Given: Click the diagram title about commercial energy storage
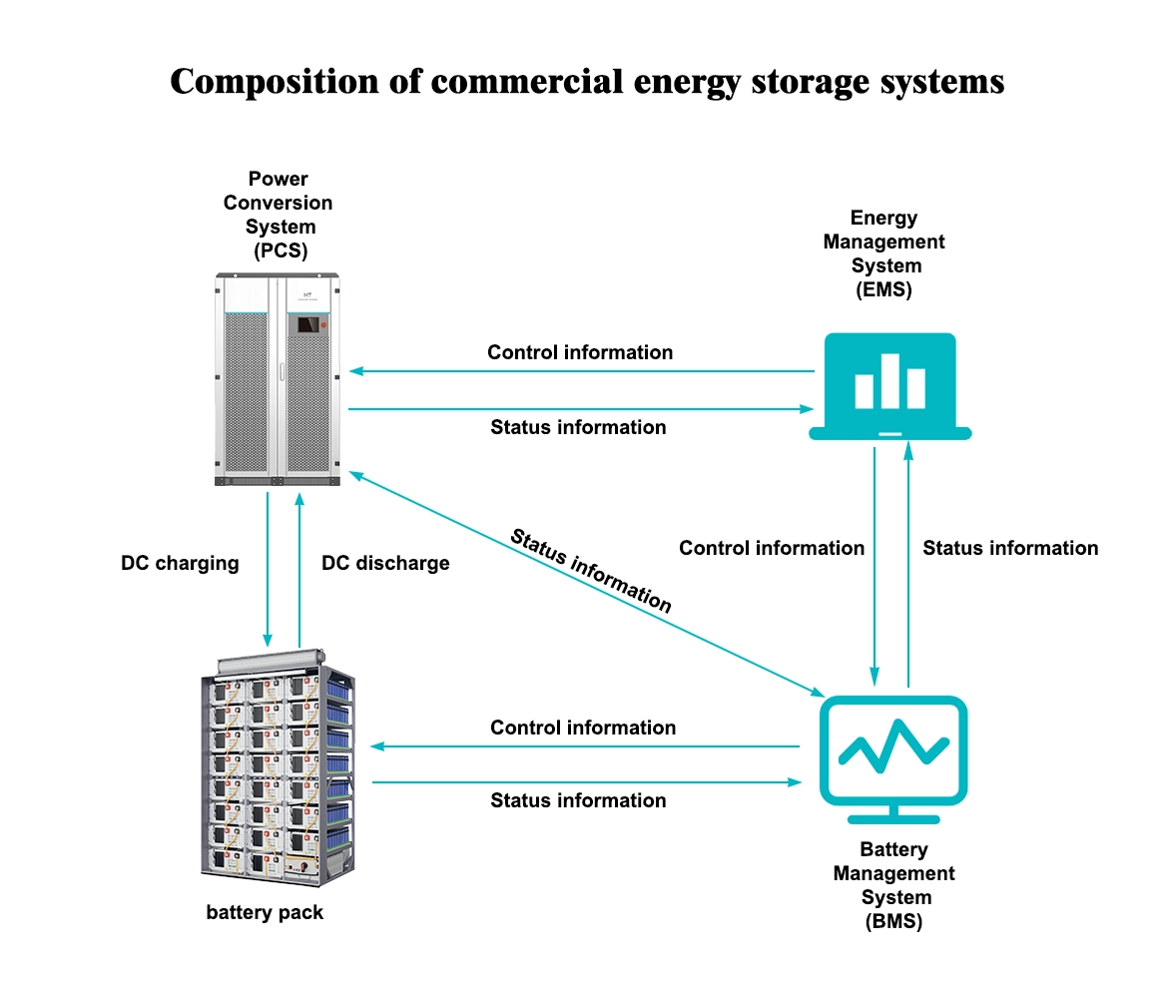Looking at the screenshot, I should pos(586,81).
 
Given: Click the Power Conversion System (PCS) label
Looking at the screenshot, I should pos(278,215).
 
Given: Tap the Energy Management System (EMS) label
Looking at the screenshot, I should pos(883,253).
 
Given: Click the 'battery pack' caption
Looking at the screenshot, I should pos(265,912).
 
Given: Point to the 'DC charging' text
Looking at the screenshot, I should pos(180,563).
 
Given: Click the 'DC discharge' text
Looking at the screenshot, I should pos(385,563).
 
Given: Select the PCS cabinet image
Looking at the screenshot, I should pos(279,380).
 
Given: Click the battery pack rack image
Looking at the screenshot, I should pos(277,769).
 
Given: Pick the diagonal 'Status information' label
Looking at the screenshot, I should pos(591,570).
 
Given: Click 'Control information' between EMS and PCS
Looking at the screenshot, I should pos(580,352).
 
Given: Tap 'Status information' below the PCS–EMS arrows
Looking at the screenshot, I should pos(578,427).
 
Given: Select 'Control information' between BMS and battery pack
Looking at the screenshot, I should pos(583,728).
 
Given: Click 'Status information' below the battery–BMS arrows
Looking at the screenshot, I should pos(578,800).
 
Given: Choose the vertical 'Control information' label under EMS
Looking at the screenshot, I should pos(772,548).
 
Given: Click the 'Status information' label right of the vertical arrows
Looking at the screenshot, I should pos(1010,548).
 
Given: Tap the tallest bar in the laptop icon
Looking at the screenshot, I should pos(889,380).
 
